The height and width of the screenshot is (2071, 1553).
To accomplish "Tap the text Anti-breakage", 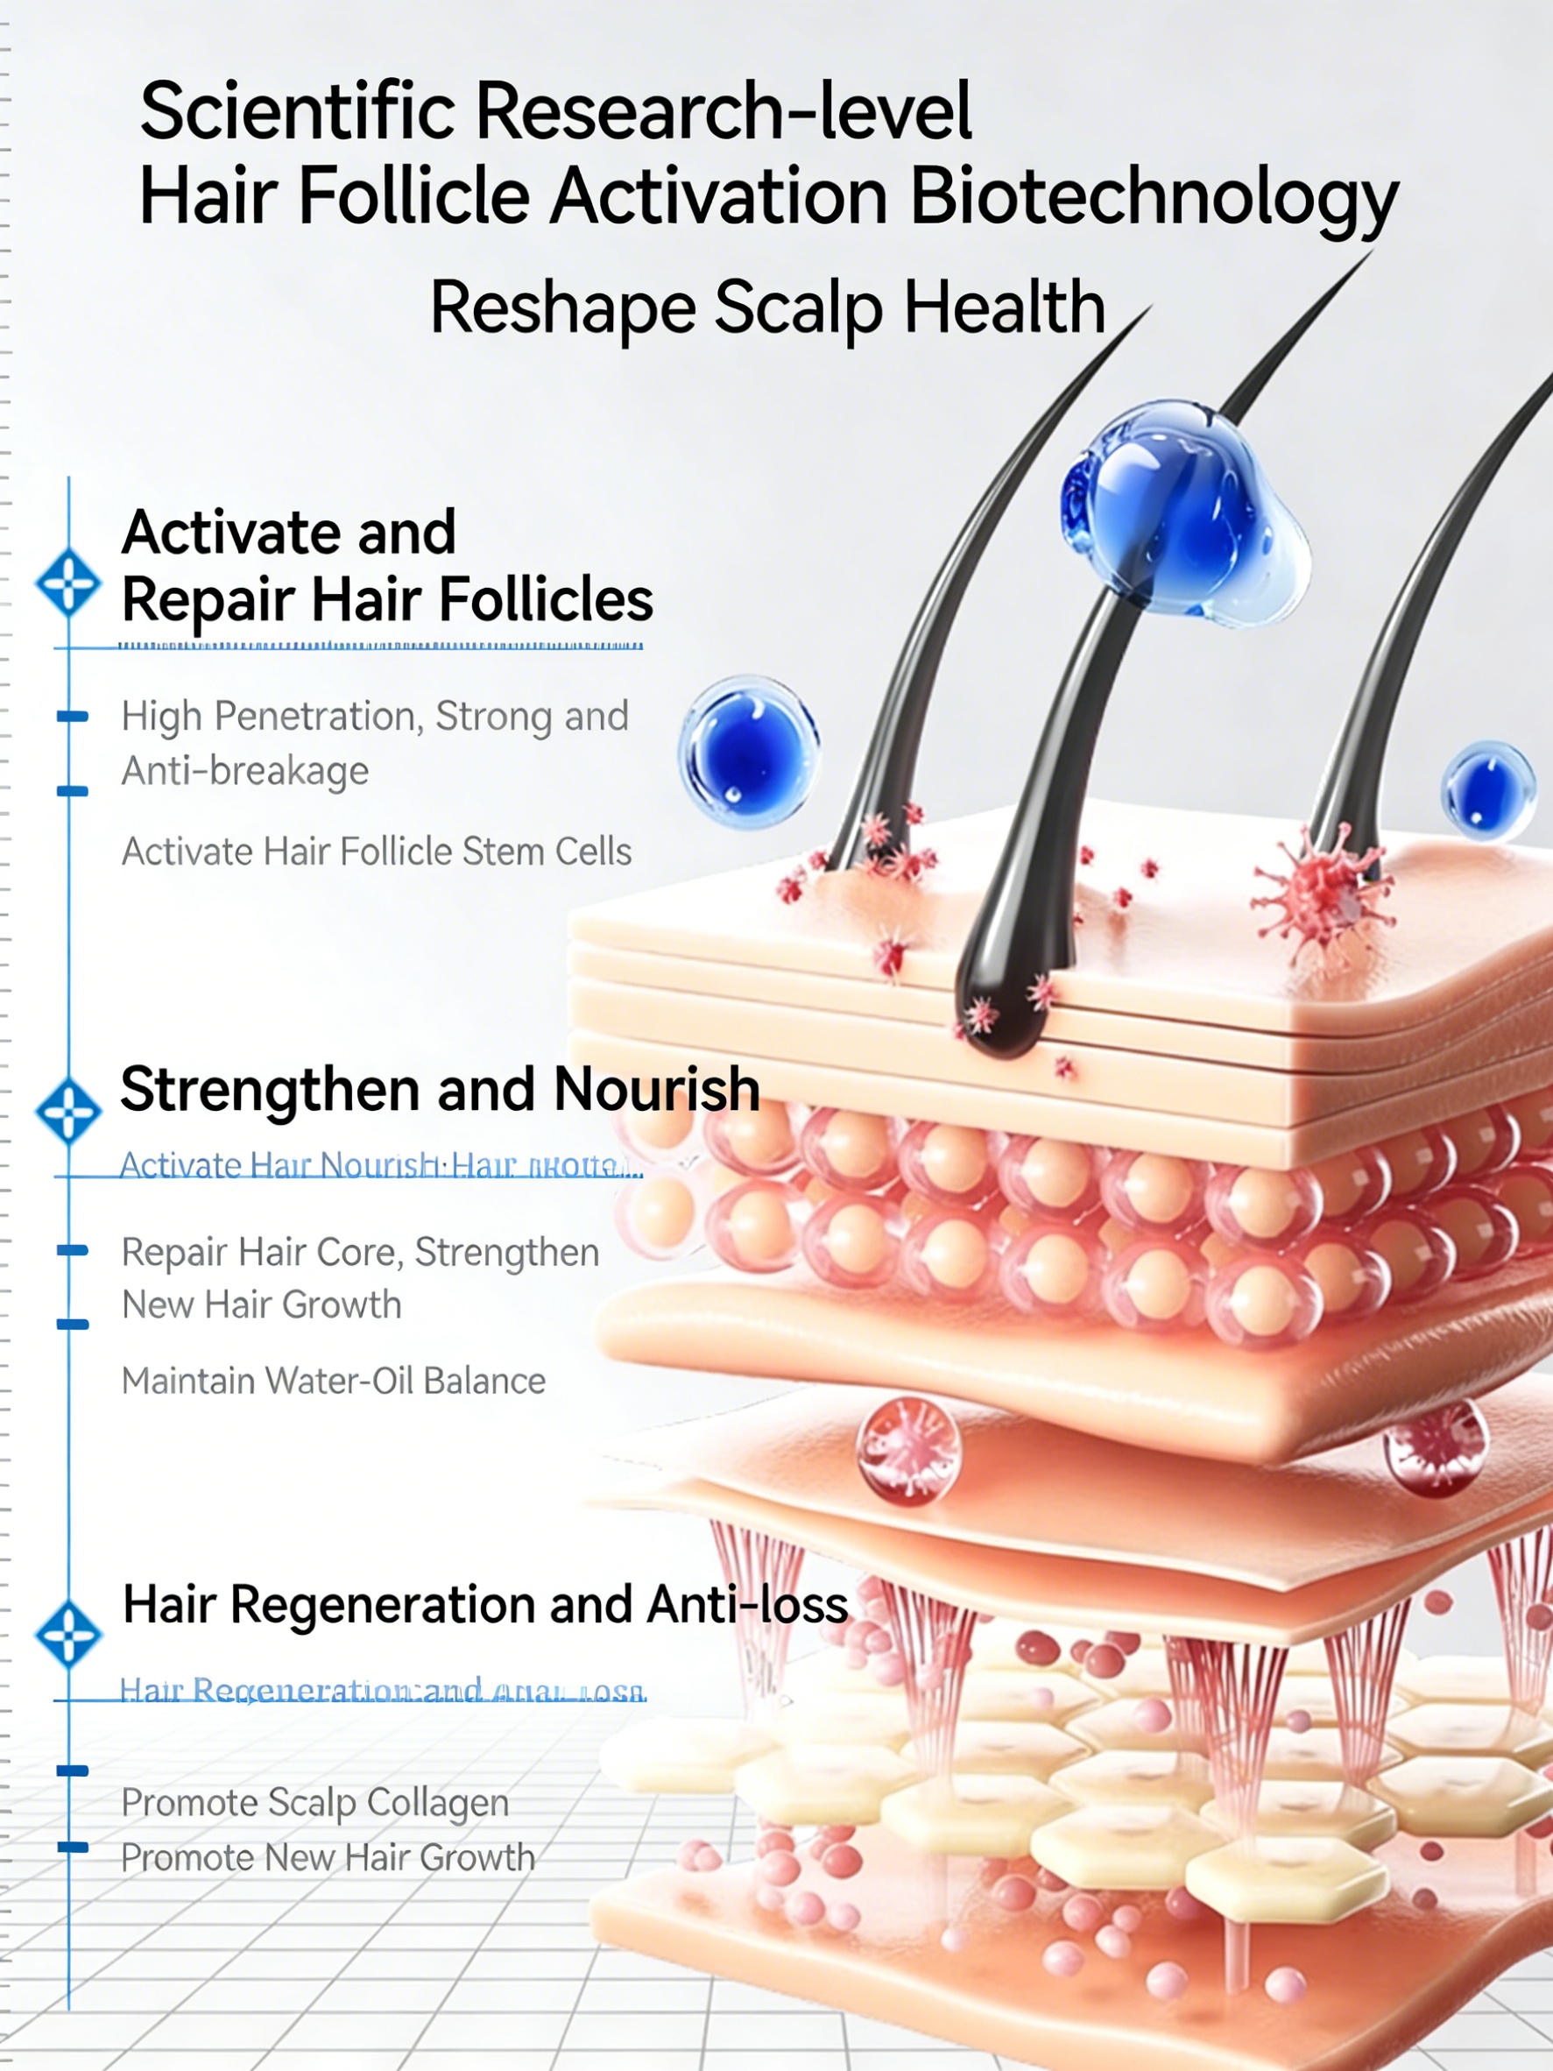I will [245, 771].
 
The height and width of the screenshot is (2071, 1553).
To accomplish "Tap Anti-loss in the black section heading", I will [747, 1605].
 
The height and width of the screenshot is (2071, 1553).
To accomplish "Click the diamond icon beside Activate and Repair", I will [68, 583].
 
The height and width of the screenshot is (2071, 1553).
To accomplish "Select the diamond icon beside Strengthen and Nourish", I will [68, 1112].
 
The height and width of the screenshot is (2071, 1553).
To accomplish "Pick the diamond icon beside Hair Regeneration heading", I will [68, 1635].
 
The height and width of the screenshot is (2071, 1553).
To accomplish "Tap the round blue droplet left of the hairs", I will [749, 753].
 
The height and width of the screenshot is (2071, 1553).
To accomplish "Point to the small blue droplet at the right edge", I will [1487, 790].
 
